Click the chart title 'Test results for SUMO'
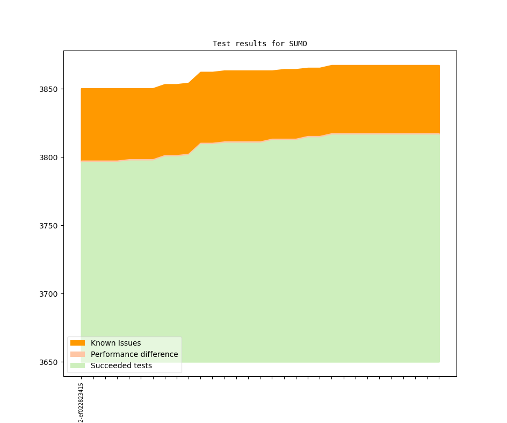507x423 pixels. (x=259, y=44)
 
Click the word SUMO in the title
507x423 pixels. (x=298, y=44)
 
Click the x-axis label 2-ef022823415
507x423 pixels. (x=81, y=403)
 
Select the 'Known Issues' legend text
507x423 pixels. (x=115, y=343)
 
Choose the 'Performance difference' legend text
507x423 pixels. (x=134, y=354)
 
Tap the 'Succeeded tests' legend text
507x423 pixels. (x=121, y=365)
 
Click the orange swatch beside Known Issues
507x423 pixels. (x=77, y=343)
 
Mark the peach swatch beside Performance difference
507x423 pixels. (x=77, y=354)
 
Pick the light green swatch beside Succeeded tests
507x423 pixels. (x=77, y=365)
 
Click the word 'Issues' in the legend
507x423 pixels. (x=129, y=343)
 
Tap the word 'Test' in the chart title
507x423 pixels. (x=221, y=44)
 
